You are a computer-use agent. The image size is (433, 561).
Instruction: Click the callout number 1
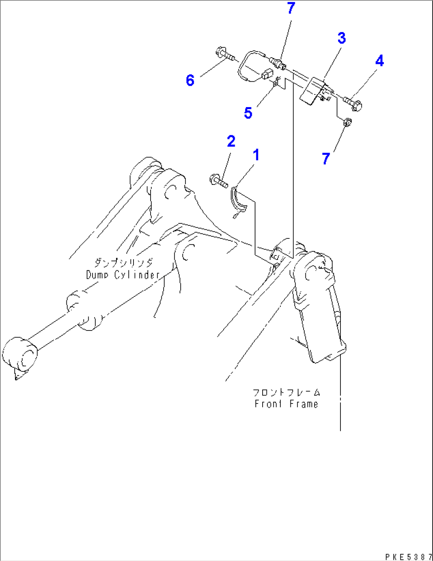tap(256, 155)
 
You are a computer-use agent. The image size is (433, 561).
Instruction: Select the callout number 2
tap(231, 141)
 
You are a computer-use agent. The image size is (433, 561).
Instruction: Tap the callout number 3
tap(341, 38)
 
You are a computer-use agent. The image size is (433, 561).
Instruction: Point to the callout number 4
tap(379, 61)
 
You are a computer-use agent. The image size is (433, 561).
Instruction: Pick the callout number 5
tap(248, 113)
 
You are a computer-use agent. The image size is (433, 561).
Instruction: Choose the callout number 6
tap(190, 81)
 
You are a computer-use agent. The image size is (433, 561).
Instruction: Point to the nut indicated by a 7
tap(347, 123)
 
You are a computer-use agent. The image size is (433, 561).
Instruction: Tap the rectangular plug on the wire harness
tap(267, 74)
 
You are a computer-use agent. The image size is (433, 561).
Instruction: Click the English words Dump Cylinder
tap(123, 275)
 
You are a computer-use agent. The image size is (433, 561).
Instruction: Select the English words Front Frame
tap(286, 404)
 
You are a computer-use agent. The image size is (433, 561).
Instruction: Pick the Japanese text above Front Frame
tap(286, 392)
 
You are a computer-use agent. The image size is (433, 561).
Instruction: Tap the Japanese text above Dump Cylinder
tap(123, 262)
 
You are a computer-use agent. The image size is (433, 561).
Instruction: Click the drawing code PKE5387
tap(408, 557)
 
